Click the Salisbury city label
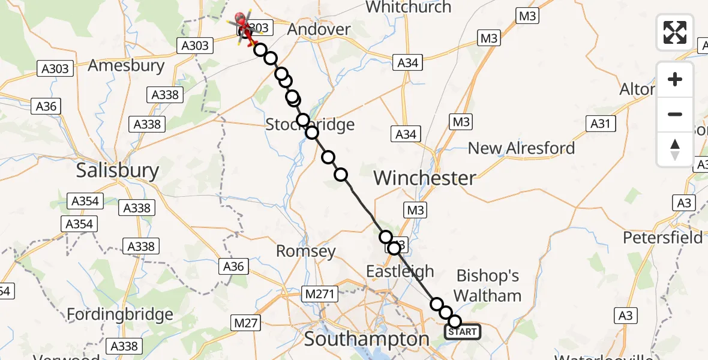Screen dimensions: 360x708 click(118, 171)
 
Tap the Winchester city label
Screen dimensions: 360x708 click(425, 178)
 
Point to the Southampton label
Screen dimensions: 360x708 click(367, 339)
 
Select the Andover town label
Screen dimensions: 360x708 click(319, 29)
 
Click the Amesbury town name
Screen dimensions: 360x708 click(126, 65)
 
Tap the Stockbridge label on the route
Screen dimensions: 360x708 click(310, 125)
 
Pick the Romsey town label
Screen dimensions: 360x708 click(305, 251)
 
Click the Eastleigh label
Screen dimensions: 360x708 click(400, 271)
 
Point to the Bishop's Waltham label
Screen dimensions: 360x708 click(488, 286)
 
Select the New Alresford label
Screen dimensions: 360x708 click(521, 148)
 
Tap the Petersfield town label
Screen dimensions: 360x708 click(662, 238)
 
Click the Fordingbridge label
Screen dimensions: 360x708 click(120, 314)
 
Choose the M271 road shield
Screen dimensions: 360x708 click(321, 294)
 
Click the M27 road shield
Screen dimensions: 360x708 click(246, 323)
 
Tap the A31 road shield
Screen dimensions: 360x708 click(601, 124)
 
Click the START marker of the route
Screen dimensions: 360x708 click(462, 332)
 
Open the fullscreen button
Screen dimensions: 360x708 click(675, 32)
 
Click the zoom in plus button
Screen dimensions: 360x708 click(675, 79)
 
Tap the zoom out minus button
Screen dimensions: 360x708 click(675, 114)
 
